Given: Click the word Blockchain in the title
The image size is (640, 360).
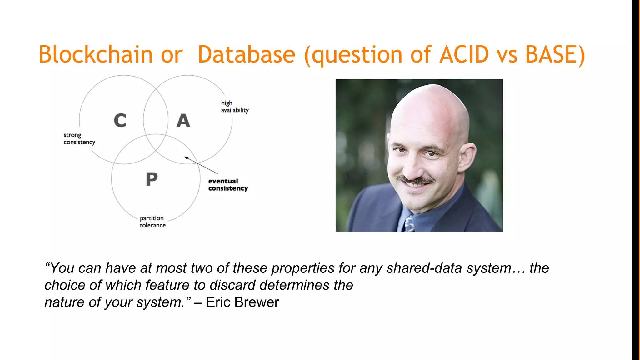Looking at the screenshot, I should pyautogui.click(x=95, y=54).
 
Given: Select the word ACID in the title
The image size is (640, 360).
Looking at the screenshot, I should pyautogui.click(x=464, y=54).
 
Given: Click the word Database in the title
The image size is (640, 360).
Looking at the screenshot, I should pyautogui.click(x=246, y=54).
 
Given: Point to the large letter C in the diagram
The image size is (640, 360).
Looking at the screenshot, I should pyautogui.click(x=120, y=120).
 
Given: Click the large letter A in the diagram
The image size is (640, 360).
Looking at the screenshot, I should pyautogui.click(x=183, y=120).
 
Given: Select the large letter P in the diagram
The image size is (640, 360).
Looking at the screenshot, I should pyautogui.click(x=152, y=179).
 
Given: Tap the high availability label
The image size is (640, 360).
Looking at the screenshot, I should pyautogui.click(x=234, y=107).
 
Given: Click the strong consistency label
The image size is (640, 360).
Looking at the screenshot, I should pyautogui.click(x=79, y=139).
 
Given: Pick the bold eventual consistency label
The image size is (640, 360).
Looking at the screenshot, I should pyautogui.click(x=228, y=185).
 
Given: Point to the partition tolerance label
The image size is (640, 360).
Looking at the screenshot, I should pyautogui.click(x=152, y=222).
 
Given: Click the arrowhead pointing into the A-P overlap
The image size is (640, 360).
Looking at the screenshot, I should pyautogui.click(x=186, y=158).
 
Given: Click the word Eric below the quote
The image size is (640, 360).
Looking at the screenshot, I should pyautogui.click(x=218, y=302).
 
